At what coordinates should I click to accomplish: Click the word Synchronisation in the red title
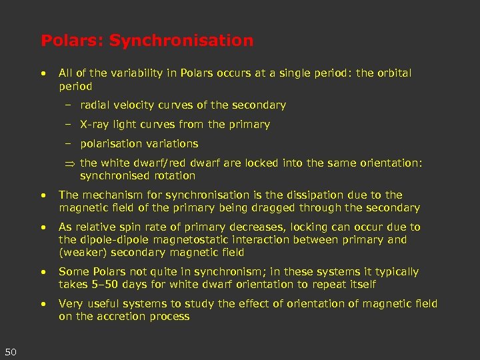[x=181, y=41]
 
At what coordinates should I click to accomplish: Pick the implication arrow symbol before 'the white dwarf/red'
[x=69, y=164]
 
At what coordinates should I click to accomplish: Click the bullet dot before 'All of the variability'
[x=43, y=73]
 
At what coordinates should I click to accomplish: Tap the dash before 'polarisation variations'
[x=69, y=144]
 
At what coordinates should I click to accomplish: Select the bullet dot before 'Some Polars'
[x=43, y=272]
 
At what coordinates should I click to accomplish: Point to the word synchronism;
[x=212, y=272]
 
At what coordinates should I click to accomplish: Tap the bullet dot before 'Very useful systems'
[x=43, y=304]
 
